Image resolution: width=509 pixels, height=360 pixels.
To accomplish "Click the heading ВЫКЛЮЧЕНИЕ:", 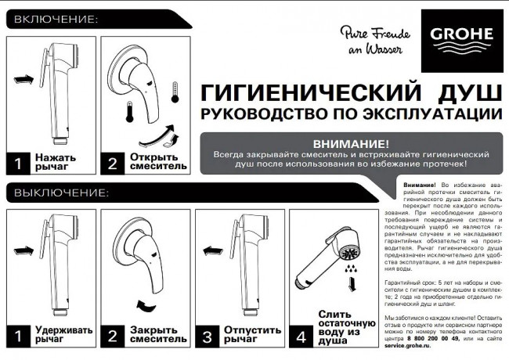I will point(58,192).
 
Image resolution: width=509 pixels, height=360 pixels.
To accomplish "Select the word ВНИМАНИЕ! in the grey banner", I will point(350,144).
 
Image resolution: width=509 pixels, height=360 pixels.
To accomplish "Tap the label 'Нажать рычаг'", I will point(55,162).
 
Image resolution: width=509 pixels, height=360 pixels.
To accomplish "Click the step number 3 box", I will point(207,337).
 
